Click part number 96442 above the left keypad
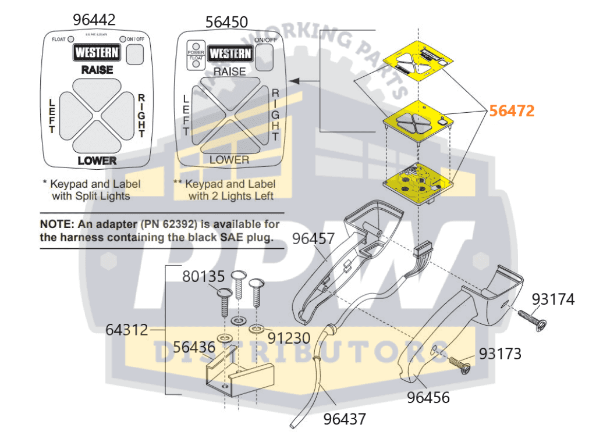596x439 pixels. (x=94, y=19)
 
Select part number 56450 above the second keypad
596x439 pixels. (x=227, y=22)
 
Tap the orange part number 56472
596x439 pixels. (x=512, y=110)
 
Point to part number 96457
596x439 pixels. (x=313, y=238)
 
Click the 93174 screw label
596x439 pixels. (x=553, y=299)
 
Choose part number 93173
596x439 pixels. (x=500, y=353)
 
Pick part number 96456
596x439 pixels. (x=428, y=398)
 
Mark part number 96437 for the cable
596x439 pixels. (x=345, y=418)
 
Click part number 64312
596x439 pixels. (x=127, y=330)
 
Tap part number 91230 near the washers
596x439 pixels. (x=289, y=337)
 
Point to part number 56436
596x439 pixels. (x=194, y=347)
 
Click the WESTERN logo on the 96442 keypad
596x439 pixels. (x=97, y=53)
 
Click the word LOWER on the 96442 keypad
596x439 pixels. (x=97, y=160)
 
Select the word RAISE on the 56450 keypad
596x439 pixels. (x=230, y=72)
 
